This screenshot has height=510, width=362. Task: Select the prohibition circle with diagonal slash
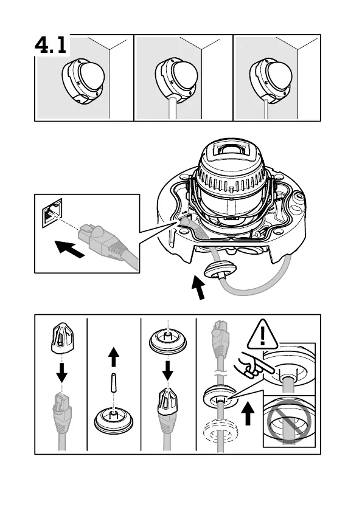(x=288, y=421)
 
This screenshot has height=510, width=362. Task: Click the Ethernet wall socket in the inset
(x=52, y=212)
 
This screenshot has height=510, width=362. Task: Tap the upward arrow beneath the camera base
(x=198, y=287)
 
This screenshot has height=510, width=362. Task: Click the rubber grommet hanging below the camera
(x=220, y=268)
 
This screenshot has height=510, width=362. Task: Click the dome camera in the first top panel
(x=83, y=81)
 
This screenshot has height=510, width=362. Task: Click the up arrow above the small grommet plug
(x=113, y=356)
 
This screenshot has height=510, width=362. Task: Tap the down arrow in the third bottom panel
(x=168, y=370)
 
